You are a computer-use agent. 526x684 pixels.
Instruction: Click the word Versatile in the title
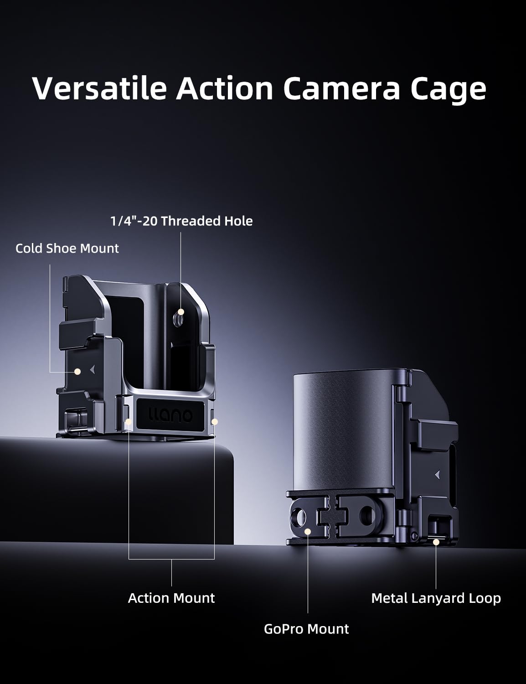click(x=99, y=88)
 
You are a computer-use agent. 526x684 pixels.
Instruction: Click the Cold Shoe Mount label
click(x=67, y=249)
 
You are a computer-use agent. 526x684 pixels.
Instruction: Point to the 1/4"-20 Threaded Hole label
click(x=181, y=221)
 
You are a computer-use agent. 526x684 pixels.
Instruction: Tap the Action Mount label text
click(x=171, y=598)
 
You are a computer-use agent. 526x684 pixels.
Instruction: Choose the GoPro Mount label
click(x=306, y=629)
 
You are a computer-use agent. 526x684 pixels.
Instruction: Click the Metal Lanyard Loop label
click(x=436, y=598)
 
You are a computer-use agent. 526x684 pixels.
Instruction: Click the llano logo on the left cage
click(x=170, y=415)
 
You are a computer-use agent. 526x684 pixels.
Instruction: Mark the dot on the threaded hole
click(x=181, y=311)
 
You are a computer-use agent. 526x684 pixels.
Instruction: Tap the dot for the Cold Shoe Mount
click(x=77, y=372)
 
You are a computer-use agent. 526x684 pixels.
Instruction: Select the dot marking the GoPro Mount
click(x=308, y=532)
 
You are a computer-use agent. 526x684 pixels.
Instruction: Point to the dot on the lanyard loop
click(x=436, y=542)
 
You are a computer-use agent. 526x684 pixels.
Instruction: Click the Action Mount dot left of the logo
click(x=129, y=421)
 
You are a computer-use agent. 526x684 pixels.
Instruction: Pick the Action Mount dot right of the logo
click(x=215, y=421)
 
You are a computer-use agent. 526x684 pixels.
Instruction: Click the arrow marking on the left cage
click(x=93, y=369)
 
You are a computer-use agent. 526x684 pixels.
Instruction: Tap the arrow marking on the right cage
click(x=438, y=475)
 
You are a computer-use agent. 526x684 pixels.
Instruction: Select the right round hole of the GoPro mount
click(x=367, y=516)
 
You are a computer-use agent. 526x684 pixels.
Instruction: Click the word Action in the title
click(x=225, y=88)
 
